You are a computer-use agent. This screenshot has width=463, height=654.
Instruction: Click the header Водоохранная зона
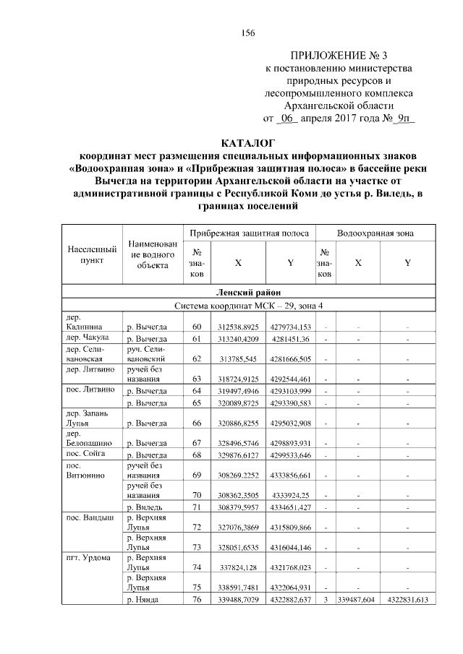click(375, 234)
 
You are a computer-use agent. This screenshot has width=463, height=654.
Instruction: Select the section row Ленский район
click(248, 293)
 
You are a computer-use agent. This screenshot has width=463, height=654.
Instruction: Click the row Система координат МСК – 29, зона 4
click(248, 306)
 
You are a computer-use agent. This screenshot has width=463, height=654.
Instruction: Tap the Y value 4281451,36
click(290, 339)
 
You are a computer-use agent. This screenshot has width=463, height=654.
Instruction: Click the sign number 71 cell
click(197, 510)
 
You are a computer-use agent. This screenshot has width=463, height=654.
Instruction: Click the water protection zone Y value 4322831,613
click(408, 600)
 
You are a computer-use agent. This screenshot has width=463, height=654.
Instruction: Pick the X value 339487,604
click(357, 600)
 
